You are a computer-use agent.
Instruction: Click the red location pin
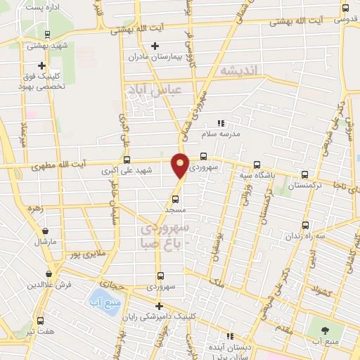click(181, 165)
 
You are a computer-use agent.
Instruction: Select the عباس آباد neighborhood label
click(154, 90)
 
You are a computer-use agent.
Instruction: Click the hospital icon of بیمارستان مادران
click(155, 46)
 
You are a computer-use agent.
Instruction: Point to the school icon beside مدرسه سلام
click(220, 123)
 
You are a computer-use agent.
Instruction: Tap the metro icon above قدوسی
click(345, 8)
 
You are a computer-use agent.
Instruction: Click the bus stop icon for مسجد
click(175, 199)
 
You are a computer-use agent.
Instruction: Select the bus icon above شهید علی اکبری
click(127, 160)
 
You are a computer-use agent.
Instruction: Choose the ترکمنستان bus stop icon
click(304, 174)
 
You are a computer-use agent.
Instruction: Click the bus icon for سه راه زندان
click(304, 225)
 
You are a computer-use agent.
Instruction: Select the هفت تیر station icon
click(40, 321)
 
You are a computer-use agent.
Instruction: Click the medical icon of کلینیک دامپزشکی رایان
click(160, 306)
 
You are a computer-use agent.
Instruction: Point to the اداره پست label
click(44, 6)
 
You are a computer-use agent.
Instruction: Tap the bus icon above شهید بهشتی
click(46, 34)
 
